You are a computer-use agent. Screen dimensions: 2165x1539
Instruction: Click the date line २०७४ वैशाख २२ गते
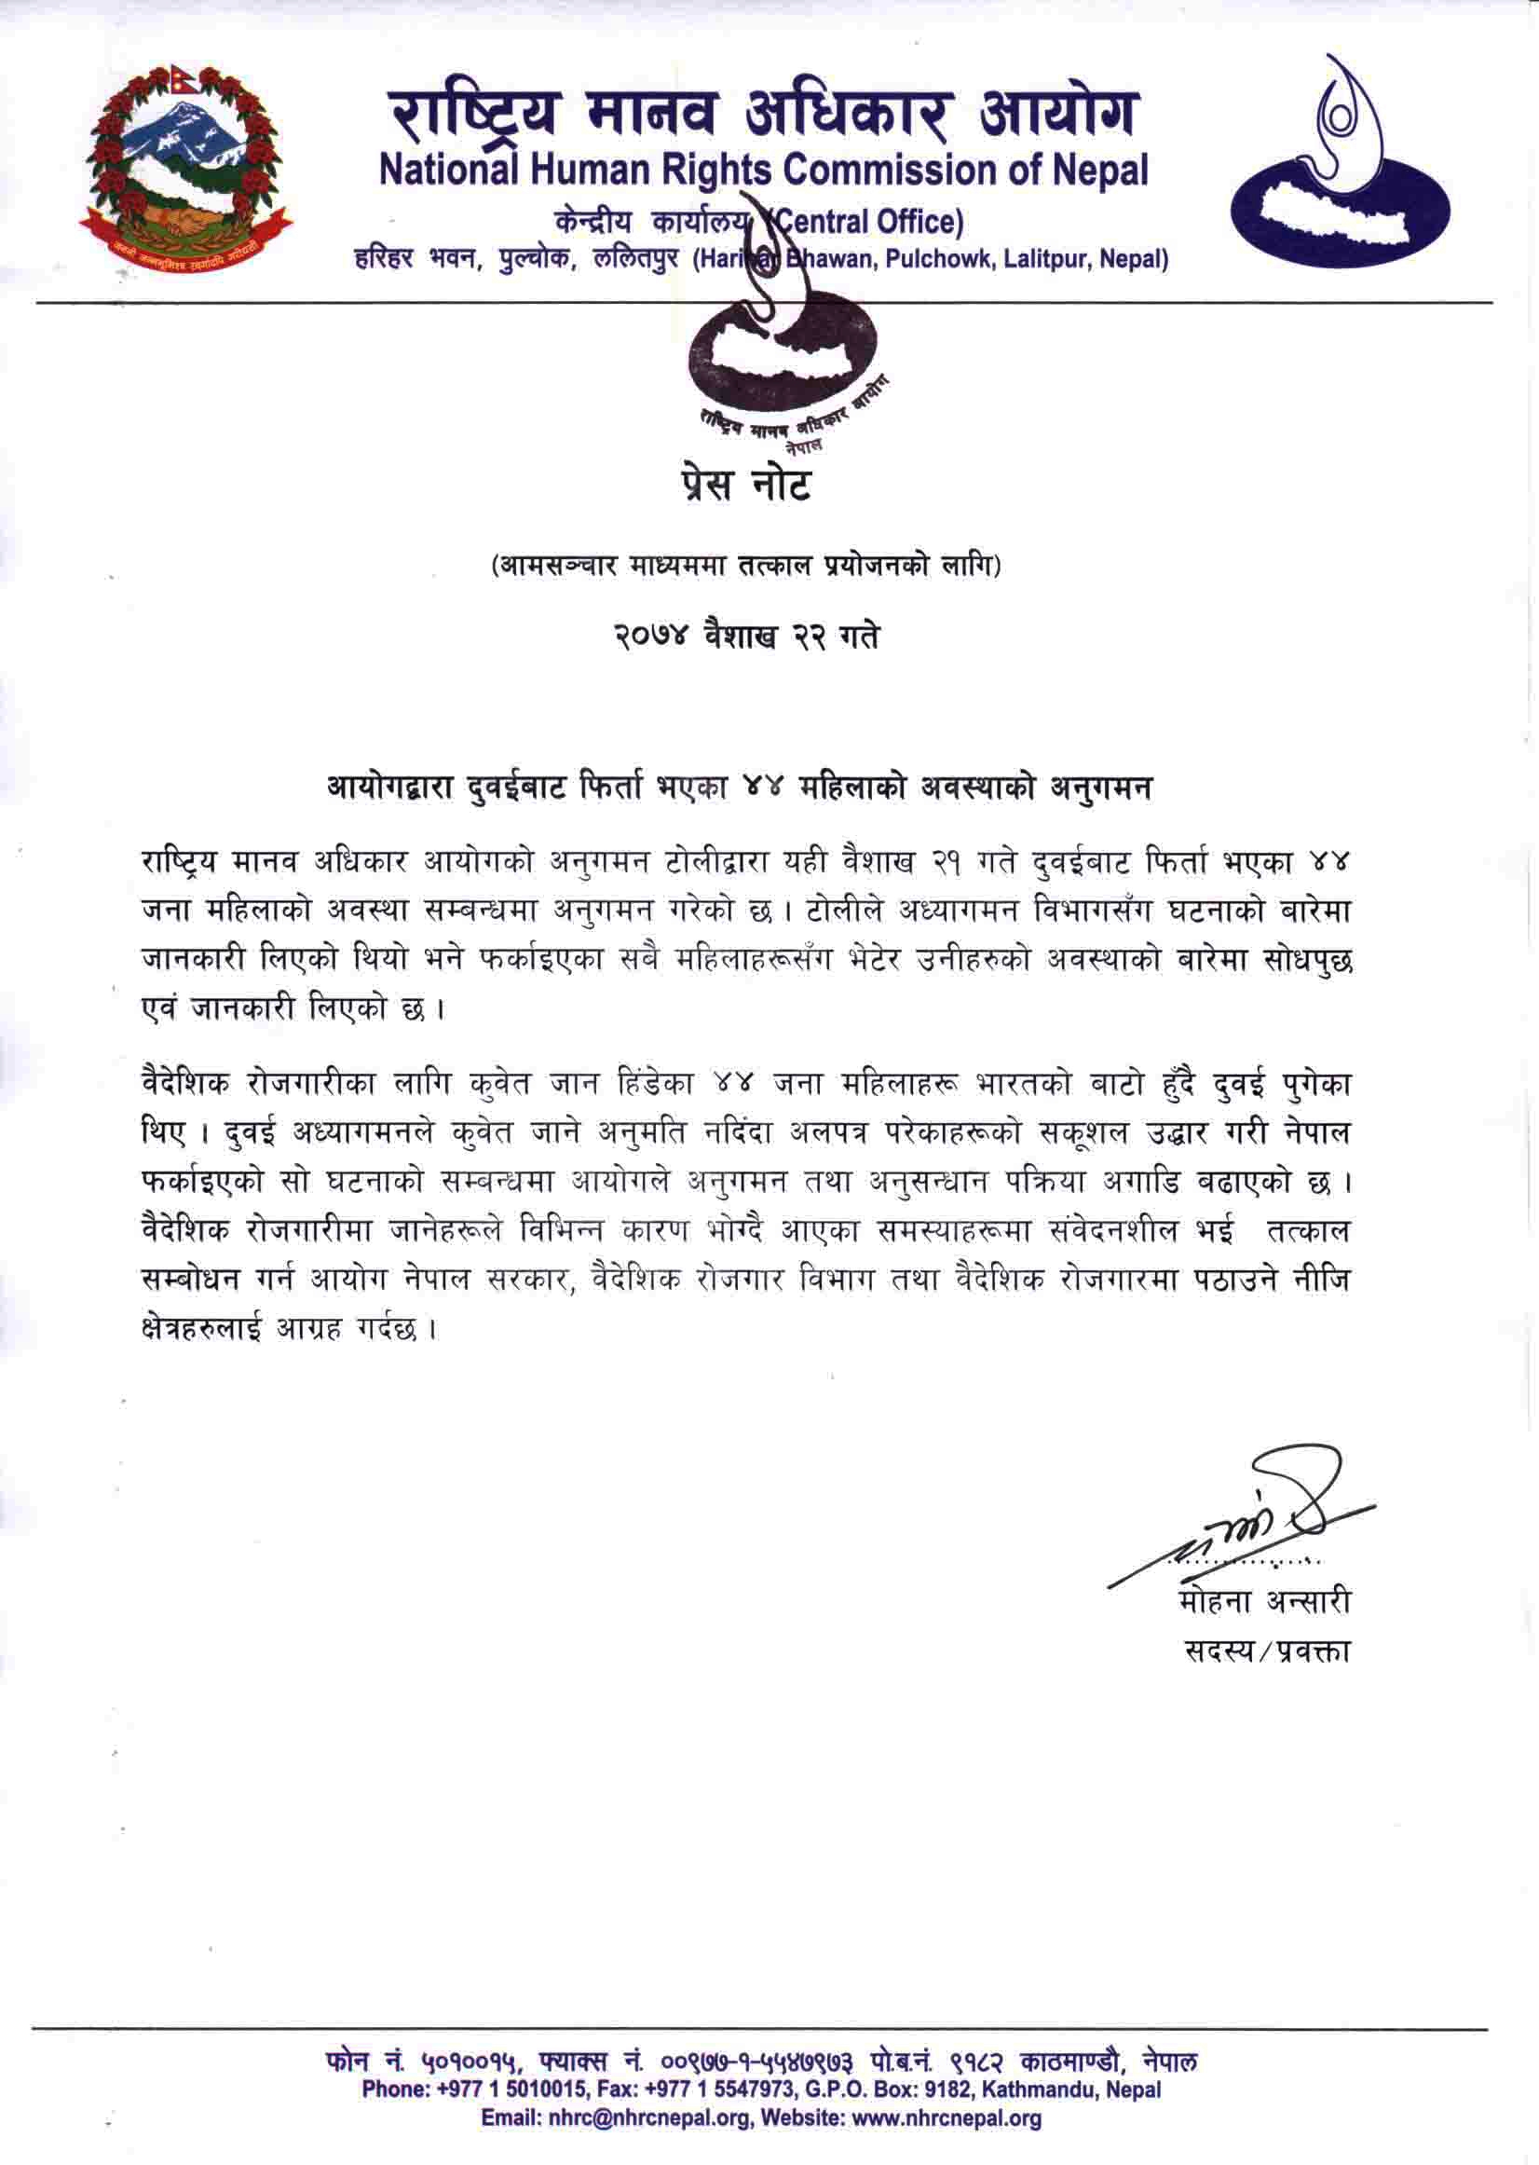pyautogui.click(x=744, y=635)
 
